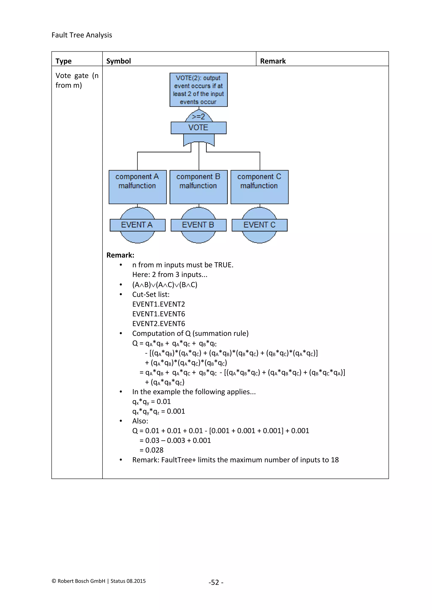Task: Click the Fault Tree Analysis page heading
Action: click(x=82, y=35)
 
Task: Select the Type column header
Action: click(x=63, y=61)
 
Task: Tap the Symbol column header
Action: click(x=118, y=61)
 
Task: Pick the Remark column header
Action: click(x=273, y=61)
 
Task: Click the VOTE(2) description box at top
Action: click(x=198, y=90)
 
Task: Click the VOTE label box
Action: click(x=198, y=128)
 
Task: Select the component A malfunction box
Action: click(x=138, y=187)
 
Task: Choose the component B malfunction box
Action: click(x=198, y=187)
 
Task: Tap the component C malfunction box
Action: click(x=259, y=187)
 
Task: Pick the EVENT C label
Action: click(x=259, y=225)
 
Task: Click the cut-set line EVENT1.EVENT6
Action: click(x=159, y=314)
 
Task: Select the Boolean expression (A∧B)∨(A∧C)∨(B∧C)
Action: click(x=165, y=285)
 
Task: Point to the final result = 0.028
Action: click(x=152, y=450)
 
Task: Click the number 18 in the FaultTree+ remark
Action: click(x=335, y=460)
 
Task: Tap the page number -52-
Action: click(x=216, y=582)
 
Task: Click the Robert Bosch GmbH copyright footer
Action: click(x=99, y=581)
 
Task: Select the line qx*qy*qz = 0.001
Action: click(x=159, y=411)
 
